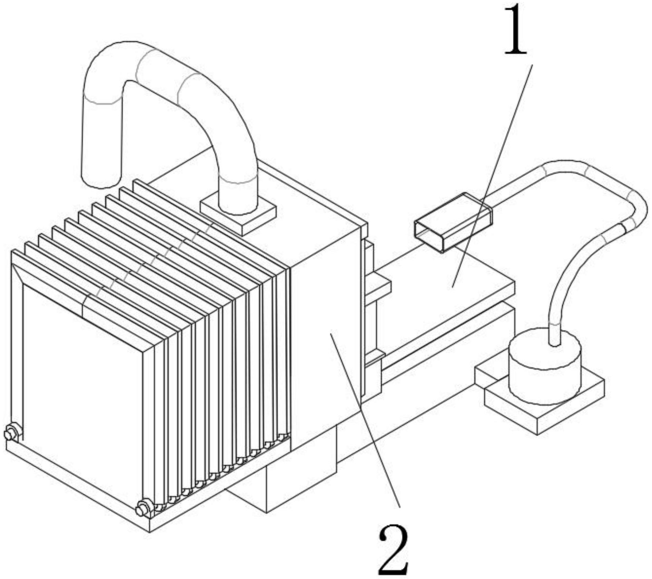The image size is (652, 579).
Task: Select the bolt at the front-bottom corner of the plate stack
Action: [x=143, y=509]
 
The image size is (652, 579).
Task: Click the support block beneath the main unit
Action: [x=300, y=480]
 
